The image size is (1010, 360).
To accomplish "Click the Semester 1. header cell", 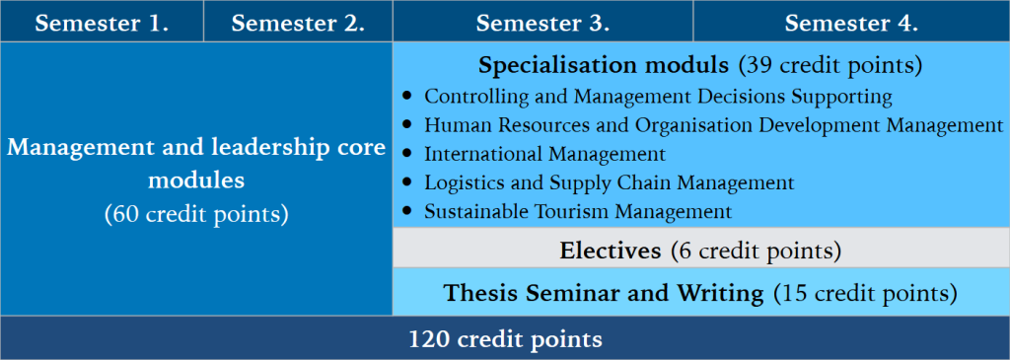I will tap(102, 23).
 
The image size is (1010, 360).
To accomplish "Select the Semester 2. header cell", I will tap(298, 23).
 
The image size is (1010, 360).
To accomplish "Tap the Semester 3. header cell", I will tap(541, 23).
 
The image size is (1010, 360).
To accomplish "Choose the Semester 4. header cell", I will tap(851, 23).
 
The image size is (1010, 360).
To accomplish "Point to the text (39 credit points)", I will tap(830, 66).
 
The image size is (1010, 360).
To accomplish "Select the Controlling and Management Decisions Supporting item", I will tap(658, 97).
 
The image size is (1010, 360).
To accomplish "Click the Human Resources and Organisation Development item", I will tap(713, 125).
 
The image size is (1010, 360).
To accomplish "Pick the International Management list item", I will tap(544, 154).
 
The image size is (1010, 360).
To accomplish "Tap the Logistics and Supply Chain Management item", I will tap(609, 182).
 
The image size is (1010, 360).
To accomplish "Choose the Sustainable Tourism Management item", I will tap(578, 211).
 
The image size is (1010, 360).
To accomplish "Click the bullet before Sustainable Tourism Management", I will tap(408, 211).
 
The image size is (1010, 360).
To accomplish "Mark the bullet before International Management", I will tap(408, 154).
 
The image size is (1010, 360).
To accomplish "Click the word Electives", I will tap(611, 251).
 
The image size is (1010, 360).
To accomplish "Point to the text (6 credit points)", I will tap(755, 251).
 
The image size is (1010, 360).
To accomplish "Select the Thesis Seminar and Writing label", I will tap(604, 293).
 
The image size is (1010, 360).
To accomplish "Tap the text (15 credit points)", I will tap(865, 293).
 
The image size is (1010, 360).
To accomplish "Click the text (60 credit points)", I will tap(196, 214).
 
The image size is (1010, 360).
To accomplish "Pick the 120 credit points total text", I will tap(505, 339).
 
